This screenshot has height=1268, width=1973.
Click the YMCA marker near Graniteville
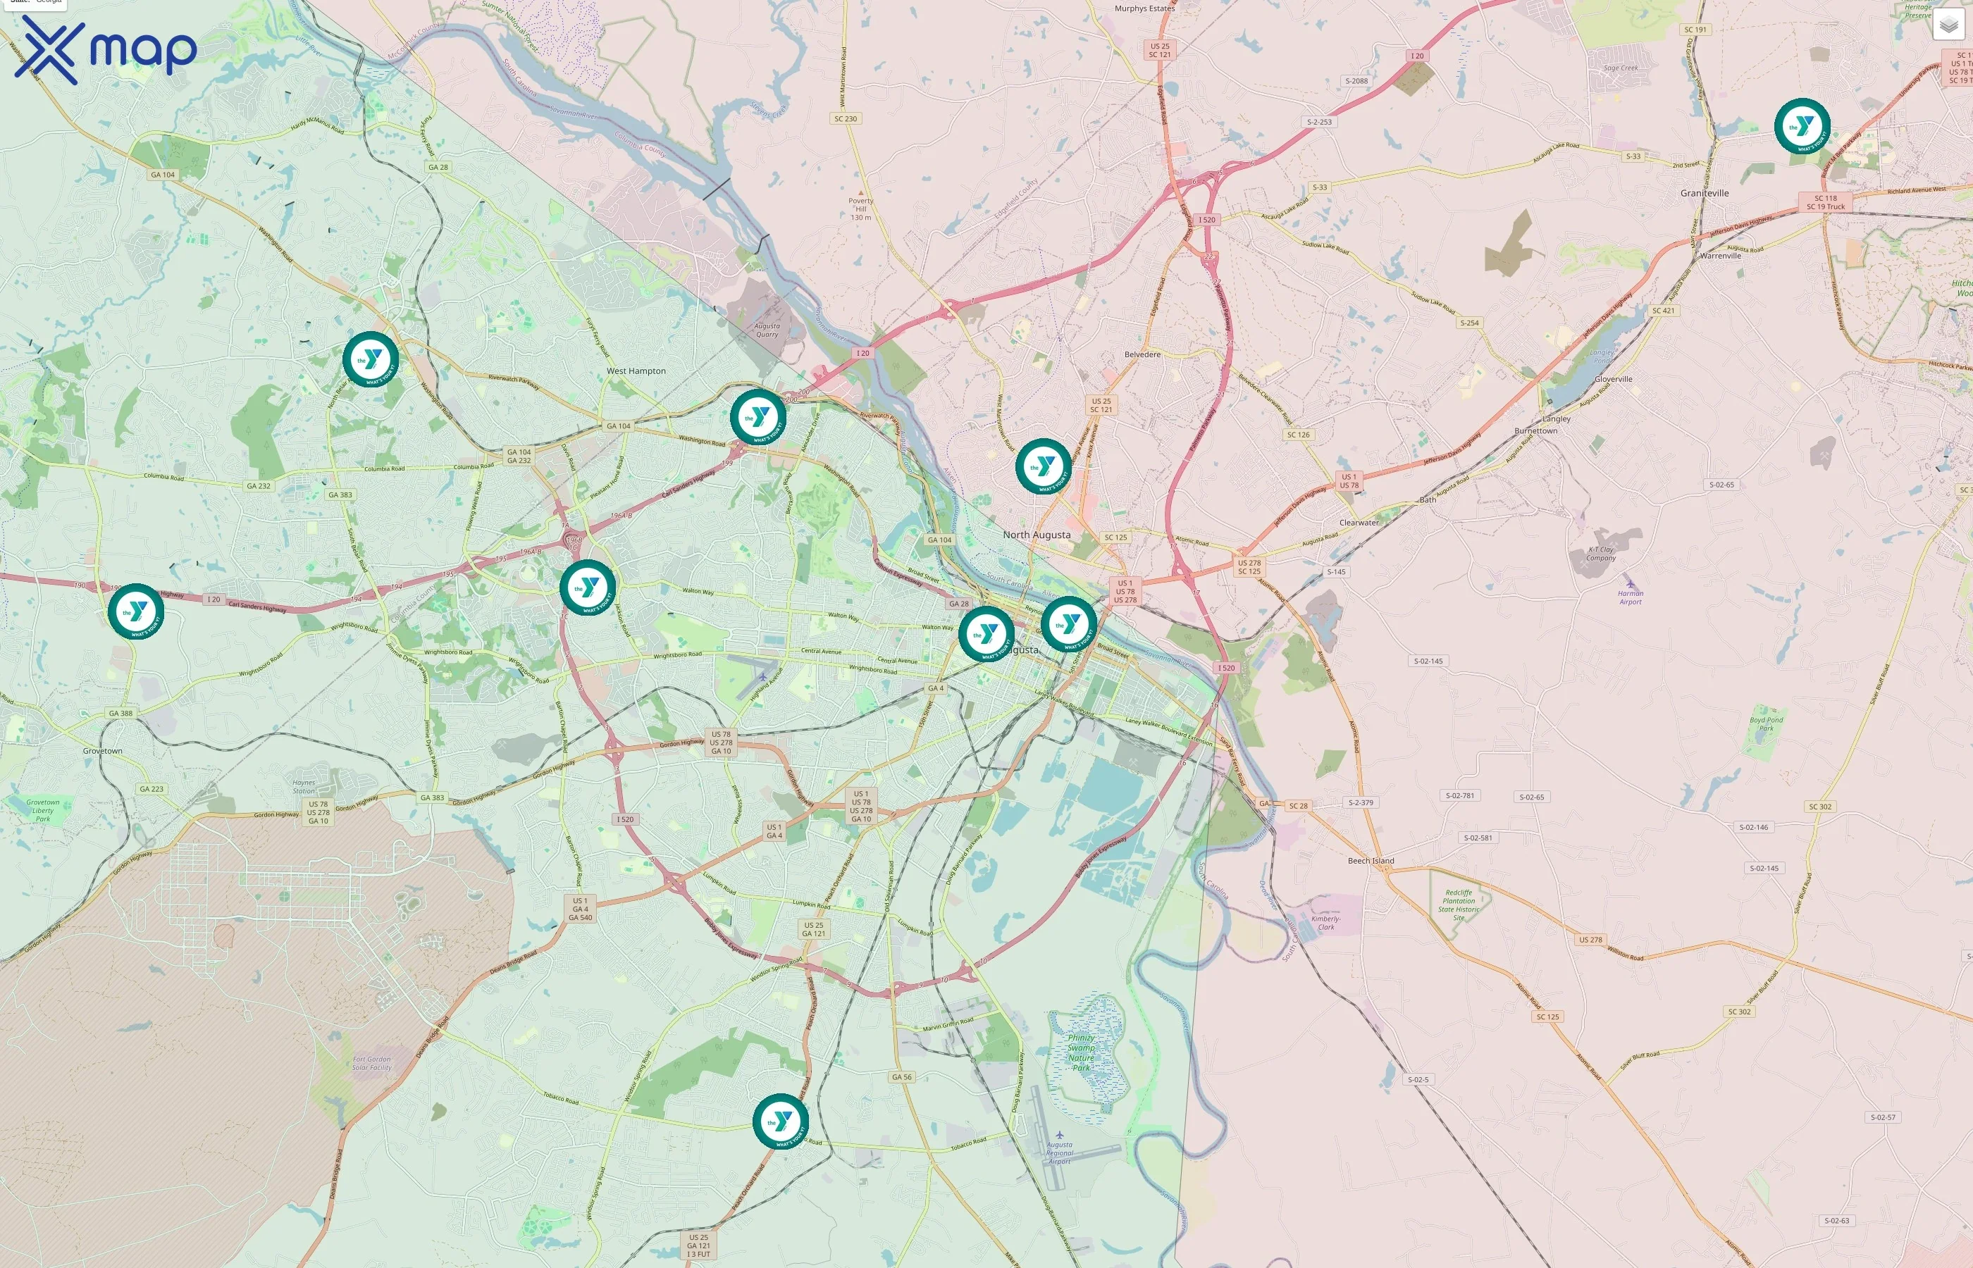[1802, 126]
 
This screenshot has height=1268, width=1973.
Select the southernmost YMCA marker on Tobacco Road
[780, 1121]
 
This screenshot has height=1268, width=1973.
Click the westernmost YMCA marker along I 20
[135, 611]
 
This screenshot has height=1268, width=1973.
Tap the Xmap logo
[106, 49]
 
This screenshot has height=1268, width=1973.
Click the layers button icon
[1948, 25]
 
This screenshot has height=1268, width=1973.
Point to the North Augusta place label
[1036, 535]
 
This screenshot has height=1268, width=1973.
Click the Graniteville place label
[1704, 194]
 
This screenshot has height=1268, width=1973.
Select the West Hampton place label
[636, 371]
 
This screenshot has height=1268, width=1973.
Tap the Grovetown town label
[102, 751]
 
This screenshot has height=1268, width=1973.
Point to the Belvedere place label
[1142, 355]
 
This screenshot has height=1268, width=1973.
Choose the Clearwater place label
[1358, 523]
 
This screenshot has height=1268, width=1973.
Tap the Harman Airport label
[1630, 597]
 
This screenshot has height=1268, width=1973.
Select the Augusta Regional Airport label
[1059, 1152]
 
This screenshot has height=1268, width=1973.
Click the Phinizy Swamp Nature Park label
[1080, 1052]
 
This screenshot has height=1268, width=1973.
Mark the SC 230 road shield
[845, 118]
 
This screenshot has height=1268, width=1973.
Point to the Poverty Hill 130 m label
[860, 209]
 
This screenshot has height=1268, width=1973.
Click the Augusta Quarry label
[767, 330]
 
